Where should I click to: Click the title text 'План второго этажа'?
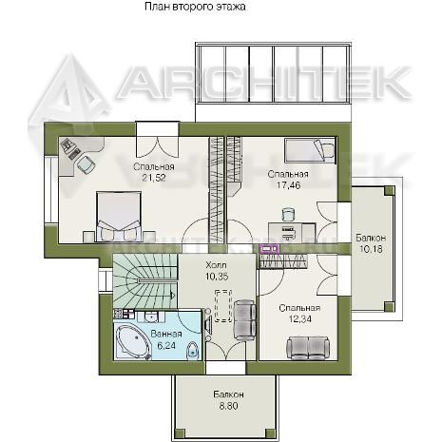(x=195, y=7)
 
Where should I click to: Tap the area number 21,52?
(x=154, y=178)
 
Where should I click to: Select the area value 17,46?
(x=288, y=185)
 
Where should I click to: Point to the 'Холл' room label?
(x=216, y=265)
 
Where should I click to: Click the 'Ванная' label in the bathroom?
(x=166, y=334)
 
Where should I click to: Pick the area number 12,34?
(x=299, y=318)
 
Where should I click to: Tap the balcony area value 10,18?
(x=371, y=249)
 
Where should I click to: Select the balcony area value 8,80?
(x=228, y=406)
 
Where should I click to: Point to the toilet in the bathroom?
(x=192, y=351)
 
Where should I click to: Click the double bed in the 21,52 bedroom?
(x=119, y=216)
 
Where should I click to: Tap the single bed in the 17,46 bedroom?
(x=310, y=150)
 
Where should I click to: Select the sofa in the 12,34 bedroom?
(x=308, y=348)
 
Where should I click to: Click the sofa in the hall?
(x=244, y=320)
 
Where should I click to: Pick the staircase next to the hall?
(x=145, y=281)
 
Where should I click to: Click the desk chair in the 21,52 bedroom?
(x=86, y=164)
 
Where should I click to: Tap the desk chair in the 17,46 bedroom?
(x=288, y=215)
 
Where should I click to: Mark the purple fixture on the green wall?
(x=270, y=249)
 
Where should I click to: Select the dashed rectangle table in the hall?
(x=223, y=305)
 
